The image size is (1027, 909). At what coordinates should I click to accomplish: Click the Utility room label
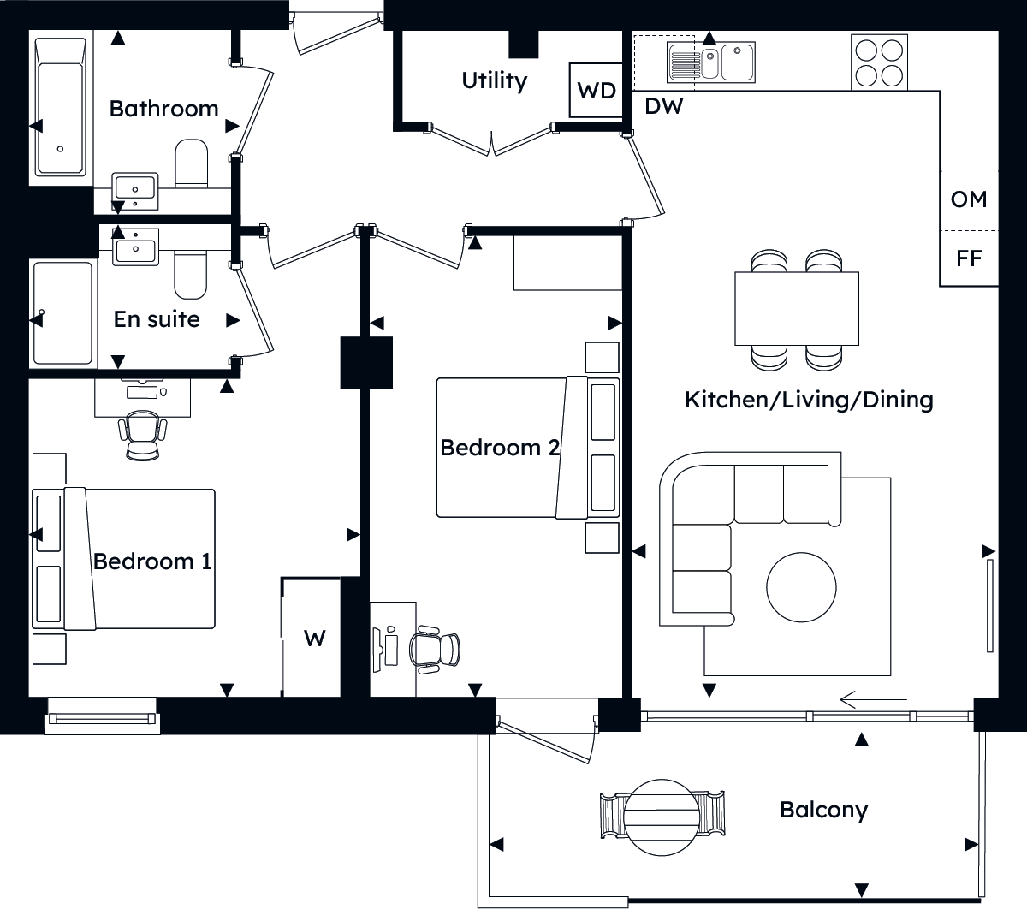click(494, 81)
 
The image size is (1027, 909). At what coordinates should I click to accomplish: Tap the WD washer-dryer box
click(596, 90)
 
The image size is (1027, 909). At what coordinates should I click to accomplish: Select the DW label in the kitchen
click(663, 106)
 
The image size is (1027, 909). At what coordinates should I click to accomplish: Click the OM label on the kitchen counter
click(969, 199)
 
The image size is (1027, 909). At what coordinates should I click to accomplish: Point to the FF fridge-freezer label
click(969, 258)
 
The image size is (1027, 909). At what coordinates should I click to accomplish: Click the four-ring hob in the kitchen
click(879, 62)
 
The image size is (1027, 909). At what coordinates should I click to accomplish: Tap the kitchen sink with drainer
click(710, 62)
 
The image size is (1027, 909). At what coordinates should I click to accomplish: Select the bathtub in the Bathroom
click(60, 107)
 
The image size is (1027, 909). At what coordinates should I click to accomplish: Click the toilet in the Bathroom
click(191, 163)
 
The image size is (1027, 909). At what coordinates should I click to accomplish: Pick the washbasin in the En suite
click(135, 247)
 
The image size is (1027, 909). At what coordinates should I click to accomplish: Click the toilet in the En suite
click(191, 274)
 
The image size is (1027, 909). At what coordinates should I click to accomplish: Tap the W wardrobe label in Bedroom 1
click(314, 639)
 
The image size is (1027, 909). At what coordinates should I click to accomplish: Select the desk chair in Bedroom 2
click(435, 650)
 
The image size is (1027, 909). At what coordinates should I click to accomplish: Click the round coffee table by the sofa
click(801, 587)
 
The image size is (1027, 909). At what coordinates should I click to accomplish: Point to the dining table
click(797, 309)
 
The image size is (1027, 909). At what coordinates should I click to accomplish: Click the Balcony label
click(823, 811)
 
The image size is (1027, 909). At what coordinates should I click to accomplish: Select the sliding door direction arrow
click(874, 700)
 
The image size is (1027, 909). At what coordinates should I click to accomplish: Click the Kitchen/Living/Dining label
click(809, 400)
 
